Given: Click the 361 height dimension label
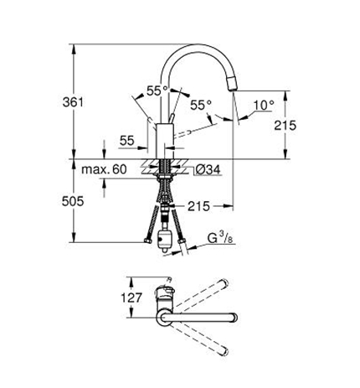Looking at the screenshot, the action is coord(73,102).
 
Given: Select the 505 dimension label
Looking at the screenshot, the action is coord(73,201).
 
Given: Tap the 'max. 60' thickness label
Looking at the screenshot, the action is coord(104,169).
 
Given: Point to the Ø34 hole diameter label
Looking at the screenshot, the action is coord(208,169).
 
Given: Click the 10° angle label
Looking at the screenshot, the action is coord(264,106).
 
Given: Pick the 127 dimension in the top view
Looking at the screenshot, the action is coord(131,297).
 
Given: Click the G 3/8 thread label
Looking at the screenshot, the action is coord(220,238).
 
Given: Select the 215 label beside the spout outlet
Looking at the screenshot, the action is coord(285,126).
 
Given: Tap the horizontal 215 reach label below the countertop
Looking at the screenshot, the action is coord(198,206).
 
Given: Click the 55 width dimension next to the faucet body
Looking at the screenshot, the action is coord(127,141).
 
